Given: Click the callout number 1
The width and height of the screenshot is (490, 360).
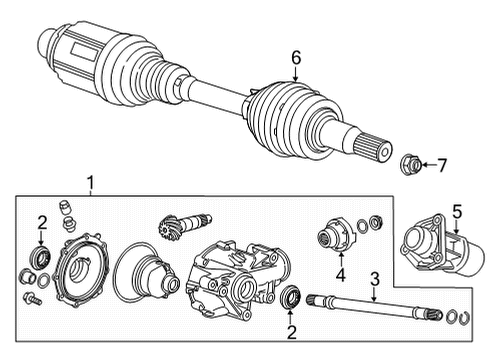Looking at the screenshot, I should click(x=91, y=183).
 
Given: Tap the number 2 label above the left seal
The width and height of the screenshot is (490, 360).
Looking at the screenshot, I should click(x=41, y=221).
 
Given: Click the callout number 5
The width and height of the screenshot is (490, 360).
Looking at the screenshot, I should click(x=457, y=212).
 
